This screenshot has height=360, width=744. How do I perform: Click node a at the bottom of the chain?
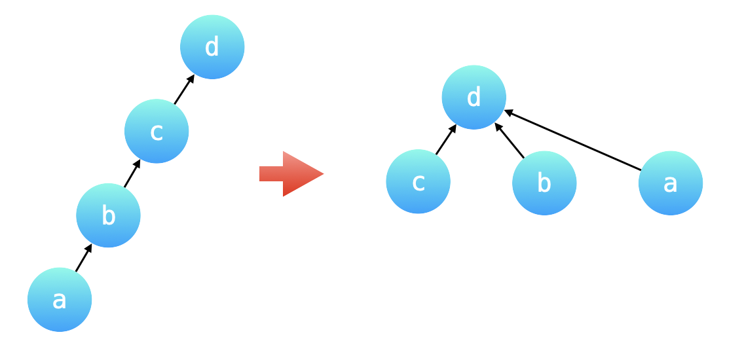[60, 300]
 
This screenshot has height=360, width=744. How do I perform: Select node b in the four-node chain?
[108, 215]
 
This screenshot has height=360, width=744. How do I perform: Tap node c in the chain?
[157, 131]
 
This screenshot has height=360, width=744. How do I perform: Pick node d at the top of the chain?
[212, 47]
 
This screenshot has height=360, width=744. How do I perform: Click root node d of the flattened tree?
[474, 98]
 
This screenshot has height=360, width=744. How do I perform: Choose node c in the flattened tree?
[418, 181]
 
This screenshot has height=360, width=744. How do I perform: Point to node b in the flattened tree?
[544, 183]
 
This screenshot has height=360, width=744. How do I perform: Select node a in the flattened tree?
[670, 183]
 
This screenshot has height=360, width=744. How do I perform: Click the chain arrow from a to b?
[83, 258]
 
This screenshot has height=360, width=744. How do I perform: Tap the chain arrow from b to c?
[132, 173]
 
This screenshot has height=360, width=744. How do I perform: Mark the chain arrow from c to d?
[184, 90]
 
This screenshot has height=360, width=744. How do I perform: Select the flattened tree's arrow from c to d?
[445, 139]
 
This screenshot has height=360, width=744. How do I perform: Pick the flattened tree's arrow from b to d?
[510, 140]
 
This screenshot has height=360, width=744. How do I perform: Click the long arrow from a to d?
[573, 140]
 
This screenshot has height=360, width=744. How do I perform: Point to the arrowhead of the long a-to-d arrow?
[508, 112]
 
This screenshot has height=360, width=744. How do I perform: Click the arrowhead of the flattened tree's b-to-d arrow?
[498, 126]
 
